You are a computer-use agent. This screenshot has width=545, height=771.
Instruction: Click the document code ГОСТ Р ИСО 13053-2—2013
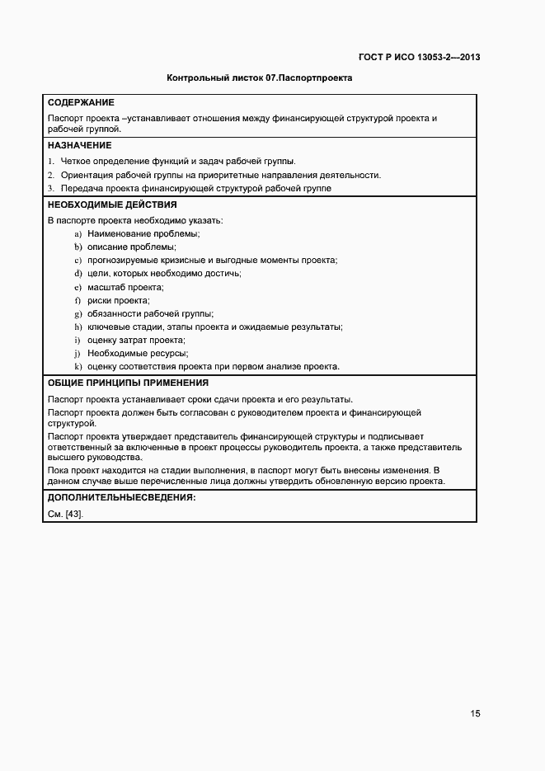(419, 57)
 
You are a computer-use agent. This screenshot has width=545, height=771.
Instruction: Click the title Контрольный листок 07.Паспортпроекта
(260, 79)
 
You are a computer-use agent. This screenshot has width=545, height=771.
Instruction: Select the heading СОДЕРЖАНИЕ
(81, 103)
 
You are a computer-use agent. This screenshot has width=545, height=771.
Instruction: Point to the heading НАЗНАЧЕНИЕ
(79, 145)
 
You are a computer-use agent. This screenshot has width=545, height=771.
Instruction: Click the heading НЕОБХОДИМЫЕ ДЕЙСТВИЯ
(111, 205)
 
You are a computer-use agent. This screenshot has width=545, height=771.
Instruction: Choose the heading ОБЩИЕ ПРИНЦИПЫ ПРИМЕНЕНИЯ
(128, 383)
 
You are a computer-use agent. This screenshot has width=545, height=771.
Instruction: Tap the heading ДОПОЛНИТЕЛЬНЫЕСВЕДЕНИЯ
(121, 498)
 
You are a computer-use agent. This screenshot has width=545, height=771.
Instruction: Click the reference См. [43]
(66, 514)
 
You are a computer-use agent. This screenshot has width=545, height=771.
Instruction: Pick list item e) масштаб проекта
(125, 287)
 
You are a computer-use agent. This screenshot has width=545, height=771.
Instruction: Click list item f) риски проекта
(118, 300)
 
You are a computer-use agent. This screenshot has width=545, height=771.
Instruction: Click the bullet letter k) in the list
(78, 366)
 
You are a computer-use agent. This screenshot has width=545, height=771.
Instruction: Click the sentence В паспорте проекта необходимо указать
(135, 220)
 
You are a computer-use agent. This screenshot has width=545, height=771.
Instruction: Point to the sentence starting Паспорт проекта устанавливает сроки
(200, 399)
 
